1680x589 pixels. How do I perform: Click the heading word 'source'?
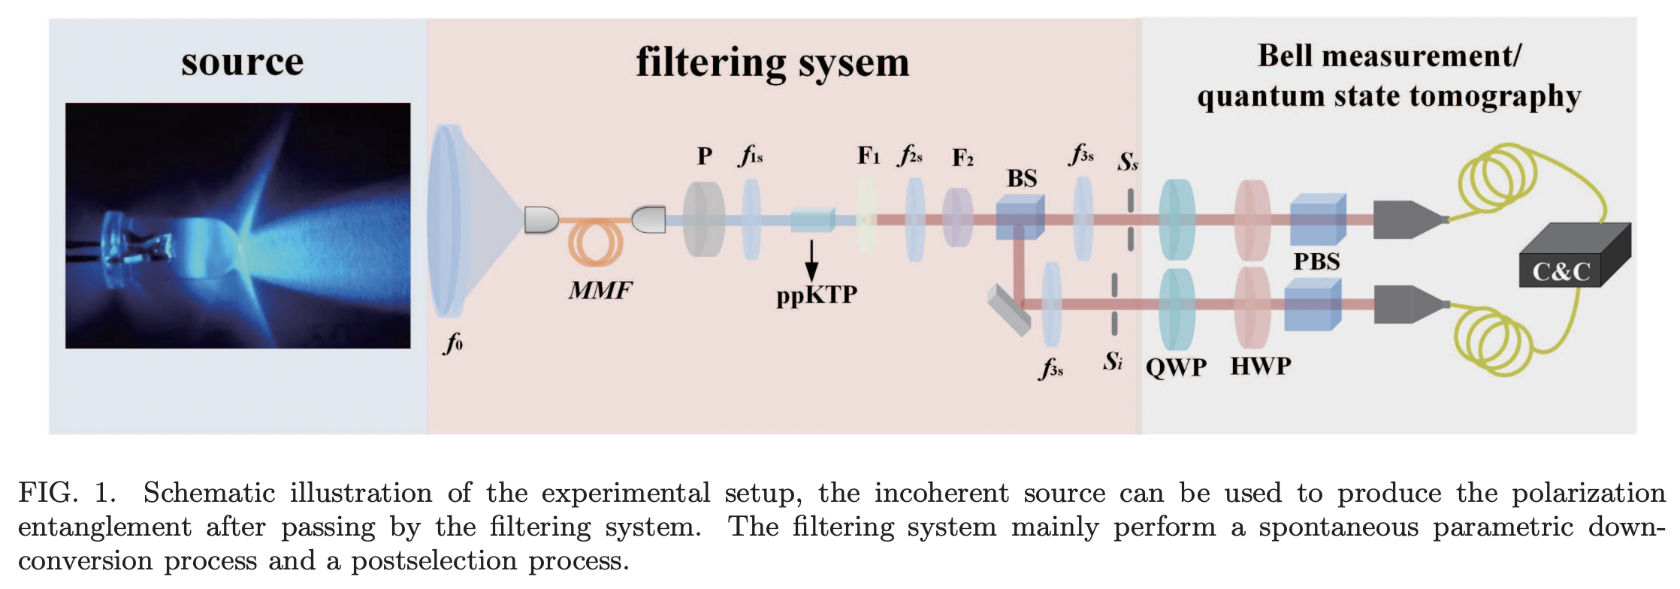242,62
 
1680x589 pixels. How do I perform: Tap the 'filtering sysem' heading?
772,63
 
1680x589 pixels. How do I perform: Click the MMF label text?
600,290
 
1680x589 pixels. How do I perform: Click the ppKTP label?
817,294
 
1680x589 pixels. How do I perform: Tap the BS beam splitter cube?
1020,218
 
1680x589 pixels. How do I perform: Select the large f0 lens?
449,222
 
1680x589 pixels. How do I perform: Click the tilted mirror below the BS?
1009,310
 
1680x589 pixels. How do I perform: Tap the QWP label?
1176,367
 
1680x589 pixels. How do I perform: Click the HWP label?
1260,366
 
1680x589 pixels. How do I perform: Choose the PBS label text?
1316,261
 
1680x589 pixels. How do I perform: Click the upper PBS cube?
1317,219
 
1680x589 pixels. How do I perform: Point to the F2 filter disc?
957,218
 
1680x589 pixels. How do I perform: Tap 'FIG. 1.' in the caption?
67,493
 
